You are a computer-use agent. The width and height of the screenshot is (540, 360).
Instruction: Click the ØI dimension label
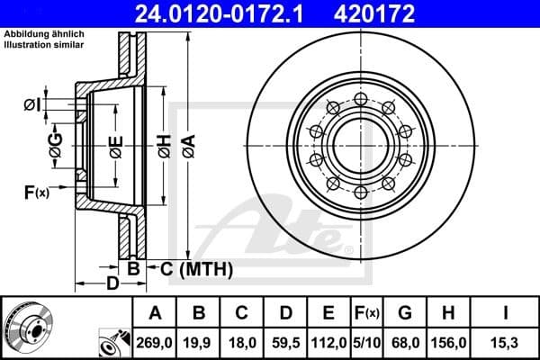click(32, 105)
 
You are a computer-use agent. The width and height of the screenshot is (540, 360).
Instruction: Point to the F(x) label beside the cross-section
click(36, 191)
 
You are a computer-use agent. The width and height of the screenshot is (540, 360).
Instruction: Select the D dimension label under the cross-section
click(112, 284)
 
